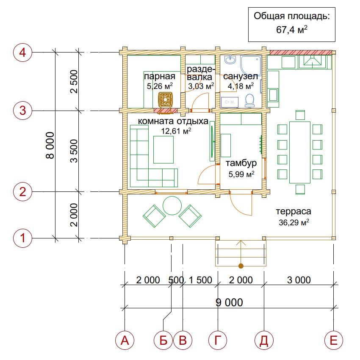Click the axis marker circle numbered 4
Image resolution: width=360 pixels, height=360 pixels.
tap(22, 53)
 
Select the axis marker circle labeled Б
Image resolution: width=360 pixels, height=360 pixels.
tap(163, 340)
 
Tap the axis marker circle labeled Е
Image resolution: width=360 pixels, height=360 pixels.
tap(334, 340)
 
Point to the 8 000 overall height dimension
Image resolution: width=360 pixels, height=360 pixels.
tap(50, 145)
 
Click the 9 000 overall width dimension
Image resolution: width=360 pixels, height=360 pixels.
tap(229, 302)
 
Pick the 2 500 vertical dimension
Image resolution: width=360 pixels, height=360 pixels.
tap(74, 81)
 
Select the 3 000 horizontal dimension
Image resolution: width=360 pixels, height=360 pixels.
tap(299, 280)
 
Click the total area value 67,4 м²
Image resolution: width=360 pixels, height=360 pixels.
tap(291, 30)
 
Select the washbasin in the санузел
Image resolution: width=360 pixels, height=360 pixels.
tap(230, 59)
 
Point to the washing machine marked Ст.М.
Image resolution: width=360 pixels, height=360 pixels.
tap(230, 102)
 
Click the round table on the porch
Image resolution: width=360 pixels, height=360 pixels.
tap(172, 205)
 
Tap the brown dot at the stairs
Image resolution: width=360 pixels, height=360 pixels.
tap(241, 266)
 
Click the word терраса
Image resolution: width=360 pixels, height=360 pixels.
tap(294, 211)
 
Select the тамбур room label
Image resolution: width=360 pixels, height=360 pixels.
tap(241, 163)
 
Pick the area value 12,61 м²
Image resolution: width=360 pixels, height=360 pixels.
tap(176, 131)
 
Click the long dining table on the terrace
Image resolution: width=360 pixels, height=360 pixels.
tap(299, 152)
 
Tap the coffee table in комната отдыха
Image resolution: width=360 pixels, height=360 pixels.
tap(163, 150)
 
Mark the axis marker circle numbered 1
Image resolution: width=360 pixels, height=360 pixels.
tap(22, 238)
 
